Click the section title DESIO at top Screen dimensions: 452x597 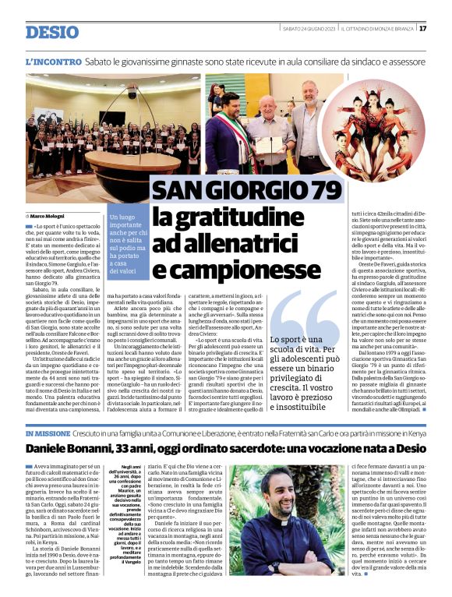pos(52,32)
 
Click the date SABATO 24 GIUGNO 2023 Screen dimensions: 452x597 pos(309,29)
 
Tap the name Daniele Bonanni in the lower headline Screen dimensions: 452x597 pos(69,450)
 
